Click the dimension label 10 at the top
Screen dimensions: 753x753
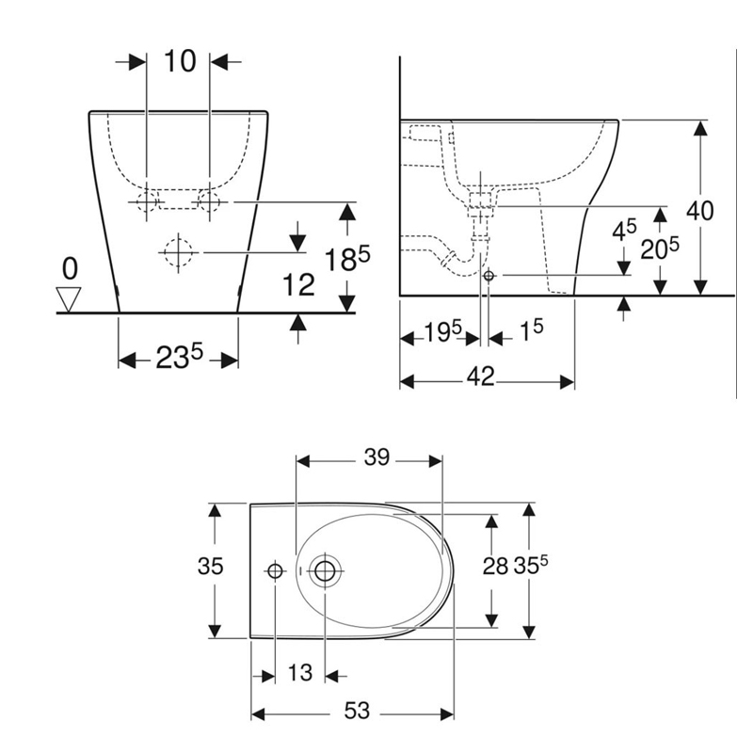(180, 61)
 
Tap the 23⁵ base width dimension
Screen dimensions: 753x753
(179, 358)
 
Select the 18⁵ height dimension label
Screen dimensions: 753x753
(347, 260)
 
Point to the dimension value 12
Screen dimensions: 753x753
(298, 285)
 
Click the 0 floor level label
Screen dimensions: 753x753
(70, 268)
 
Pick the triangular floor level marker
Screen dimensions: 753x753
(69, 299)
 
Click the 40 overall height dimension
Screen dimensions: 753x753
(699, 210)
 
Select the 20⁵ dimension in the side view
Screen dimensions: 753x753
(660, 248)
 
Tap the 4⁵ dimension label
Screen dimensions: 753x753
(624, 230)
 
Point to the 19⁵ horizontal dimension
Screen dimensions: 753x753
(442, 331)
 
